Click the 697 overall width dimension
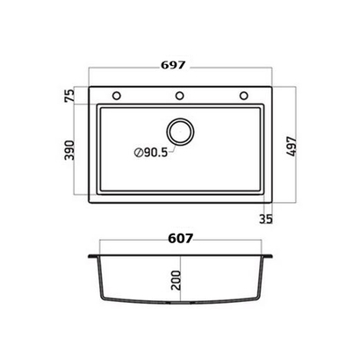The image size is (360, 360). pyautogui.click(x=173, y=65)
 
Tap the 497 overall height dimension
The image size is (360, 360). pyautogui.click(x=292, y=146)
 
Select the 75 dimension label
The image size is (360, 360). pyautogui.click(x=69, y=96)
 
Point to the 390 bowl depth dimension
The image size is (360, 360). pyautogui.click(x=69, y=150)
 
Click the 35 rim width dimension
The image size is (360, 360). pyautogui.click(x=266, y=219)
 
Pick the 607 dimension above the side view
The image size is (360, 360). pyautogui.click(x=181, y=239)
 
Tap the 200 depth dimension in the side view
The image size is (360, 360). pyautogui.click(x=176, y=280)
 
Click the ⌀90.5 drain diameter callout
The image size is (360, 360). pyautogui.click(x=151, y=153)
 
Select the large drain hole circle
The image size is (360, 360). pyautogui.click(x=180, y=132)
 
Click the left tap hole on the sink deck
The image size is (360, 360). pyautogui.click(x=117, y=96)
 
